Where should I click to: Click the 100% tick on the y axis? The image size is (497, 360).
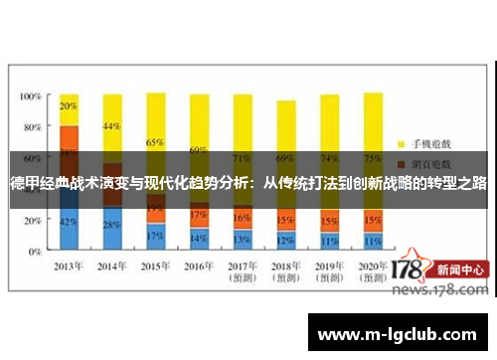pyautogui.click(x=30, y=96)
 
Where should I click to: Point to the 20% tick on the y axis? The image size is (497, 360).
pyautogui.click(x=33, y=218)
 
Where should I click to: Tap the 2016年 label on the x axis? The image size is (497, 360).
pyautogui.click(x=199, y=266)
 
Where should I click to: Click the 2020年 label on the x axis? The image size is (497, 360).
pyautogui.click(x=373, y=266)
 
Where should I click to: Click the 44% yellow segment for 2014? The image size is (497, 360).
pyautogui.click(x=111, y=126)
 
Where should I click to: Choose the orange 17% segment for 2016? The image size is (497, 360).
pyautogui.click(x=199, y=215)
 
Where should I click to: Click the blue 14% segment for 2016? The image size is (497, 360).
pyautogui.click(x=199, y=238)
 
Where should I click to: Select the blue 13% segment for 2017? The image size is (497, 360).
pyautogui.click(x=242, y=240)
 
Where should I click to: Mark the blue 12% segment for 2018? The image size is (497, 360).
pyautogui.click(x=285, y=241)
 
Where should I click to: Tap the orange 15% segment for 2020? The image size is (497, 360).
pyautogui.click(x=373, y=221)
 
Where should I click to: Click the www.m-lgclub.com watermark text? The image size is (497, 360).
pyautogui.click(x=403, y=333)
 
